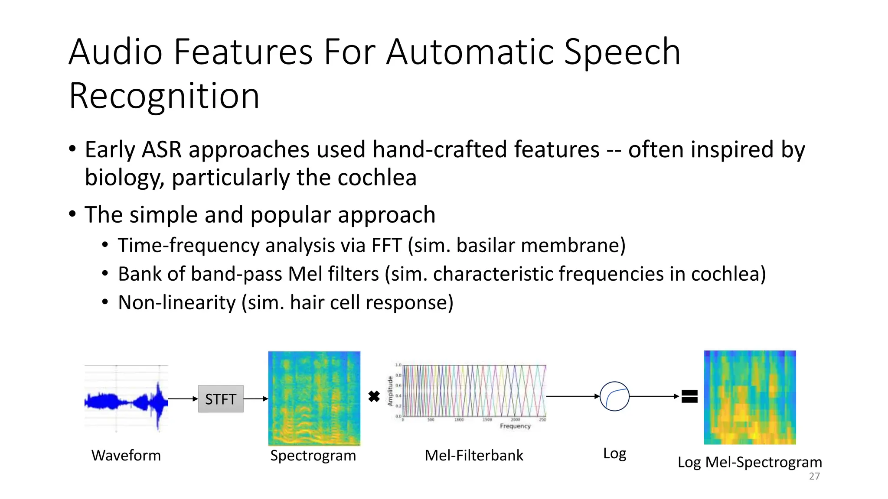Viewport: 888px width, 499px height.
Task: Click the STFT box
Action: (220, 399)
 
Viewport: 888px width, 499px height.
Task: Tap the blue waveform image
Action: (126, 400)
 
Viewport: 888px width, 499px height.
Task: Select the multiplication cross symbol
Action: (374, 396)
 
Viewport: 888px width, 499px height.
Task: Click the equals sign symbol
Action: (689, 396)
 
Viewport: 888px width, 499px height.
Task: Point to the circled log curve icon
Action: (614, 396)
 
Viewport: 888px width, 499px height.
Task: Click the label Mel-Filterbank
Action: (474, 456)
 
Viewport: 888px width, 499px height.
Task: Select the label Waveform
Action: (126, 456)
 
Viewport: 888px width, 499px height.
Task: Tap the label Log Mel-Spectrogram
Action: (750, 462)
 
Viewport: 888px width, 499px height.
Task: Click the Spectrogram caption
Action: (313, 456)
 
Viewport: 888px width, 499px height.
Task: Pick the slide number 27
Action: (814, 476)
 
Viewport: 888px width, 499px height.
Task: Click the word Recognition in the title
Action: (164, 96)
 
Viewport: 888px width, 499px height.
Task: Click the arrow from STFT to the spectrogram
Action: (256, 399)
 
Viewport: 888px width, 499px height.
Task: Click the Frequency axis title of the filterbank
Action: (515, 426)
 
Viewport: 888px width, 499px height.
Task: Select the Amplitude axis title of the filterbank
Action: (390, 391)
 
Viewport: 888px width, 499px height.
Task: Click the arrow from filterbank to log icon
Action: (572, 396)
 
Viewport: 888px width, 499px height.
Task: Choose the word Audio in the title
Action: (115, 52)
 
